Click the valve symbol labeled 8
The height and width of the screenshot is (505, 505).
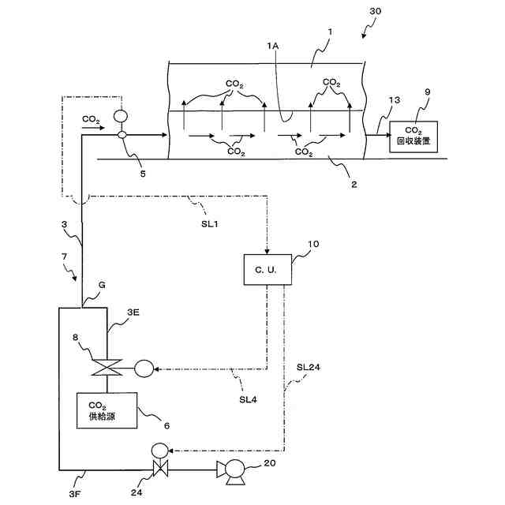point(107,368)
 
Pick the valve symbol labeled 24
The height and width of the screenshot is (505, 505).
point(160,469)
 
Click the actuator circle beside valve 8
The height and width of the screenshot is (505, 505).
point(144,368)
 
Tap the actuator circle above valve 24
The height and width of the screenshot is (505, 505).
point(160,450)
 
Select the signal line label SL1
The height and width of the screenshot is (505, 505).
point(210,223)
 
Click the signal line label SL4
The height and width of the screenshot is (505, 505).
point(248,399)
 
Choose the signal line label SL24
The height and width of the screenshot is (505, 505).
point(309,367)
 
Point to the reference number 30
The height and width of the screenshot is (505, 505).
point(376,11)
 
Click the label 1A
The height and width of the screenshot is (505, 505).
point(272,46)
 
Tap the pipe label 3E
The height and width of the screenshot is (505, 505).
point(133,312)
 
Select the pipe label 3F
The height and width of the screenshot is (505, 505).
point(74,494)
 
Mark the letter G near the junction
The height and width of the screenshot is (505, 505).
point(102,285)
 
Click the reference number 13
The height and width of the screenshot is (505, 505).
point(395,100)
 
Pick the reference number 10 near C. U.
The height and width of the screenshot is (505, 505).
point(313,244)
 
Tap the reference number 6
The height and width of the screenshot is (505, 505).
point(166,426)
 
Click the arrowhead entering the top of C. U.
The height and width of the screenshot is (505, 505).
point(267,251)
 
